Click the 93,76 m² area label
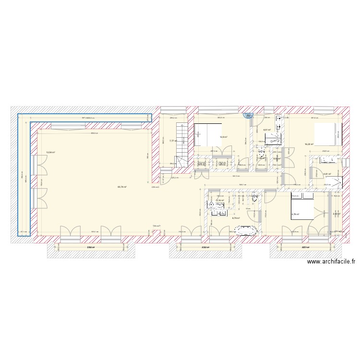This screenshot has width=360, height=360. tap(122, 187)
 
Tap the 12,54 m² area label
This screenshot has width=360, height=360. tap(50, 153)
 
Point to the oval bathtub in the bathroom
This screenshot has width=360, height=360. tap(249, 230)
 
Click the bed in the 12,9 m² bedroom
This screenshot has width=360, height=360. tap(208, 135)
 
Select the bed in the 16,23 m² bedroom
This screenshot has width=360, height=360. tap(326, 136)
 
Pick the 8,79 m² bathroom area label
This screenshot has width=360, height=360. tap(236, 218)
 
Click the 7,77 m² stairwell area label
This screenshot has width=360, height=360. tap(173, 141)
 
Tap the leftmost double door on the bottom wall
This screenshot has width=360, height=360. tap(71, 233)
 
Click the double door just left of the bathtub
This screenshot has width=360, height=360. tap(218, 232)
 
